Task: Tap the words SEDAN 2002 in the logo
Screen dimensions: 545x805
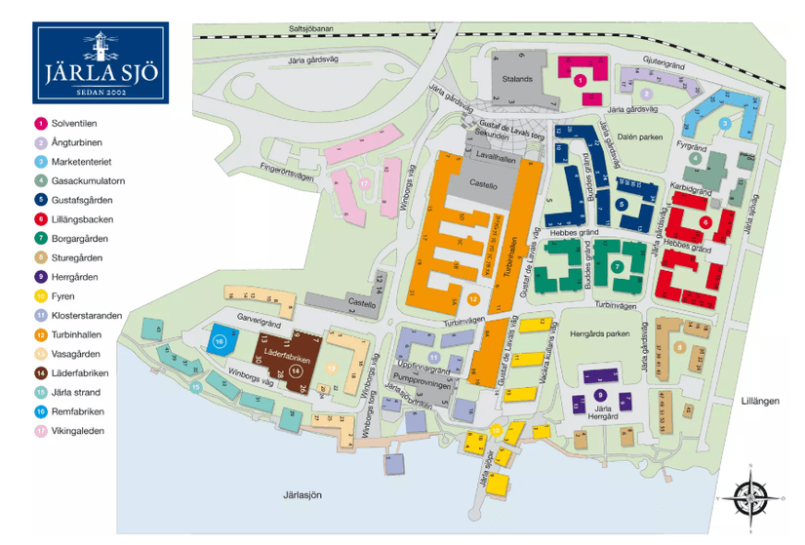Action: point(101,92)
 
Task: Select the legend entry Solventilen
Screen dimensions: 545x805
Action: point(73,124)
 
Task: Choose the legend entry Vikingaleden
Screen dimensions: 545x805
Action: point(77,430)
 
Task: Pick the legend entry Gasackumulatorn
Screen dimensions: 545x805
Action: point(87,181)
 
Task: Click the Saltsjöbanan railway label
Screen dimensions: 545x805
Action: point(311,30)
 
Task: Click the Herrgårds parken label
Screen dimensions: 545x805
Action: point(598,333)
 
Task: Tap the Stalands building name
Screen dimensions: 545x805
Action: point(517,78)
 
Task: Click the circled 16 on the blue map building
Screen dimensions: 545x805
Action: point(220,341)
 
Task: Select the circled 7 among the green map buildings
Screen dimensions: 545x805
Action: point(616,266)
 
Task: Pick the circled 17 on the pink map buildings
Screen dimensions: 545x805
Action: point(363,183)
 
